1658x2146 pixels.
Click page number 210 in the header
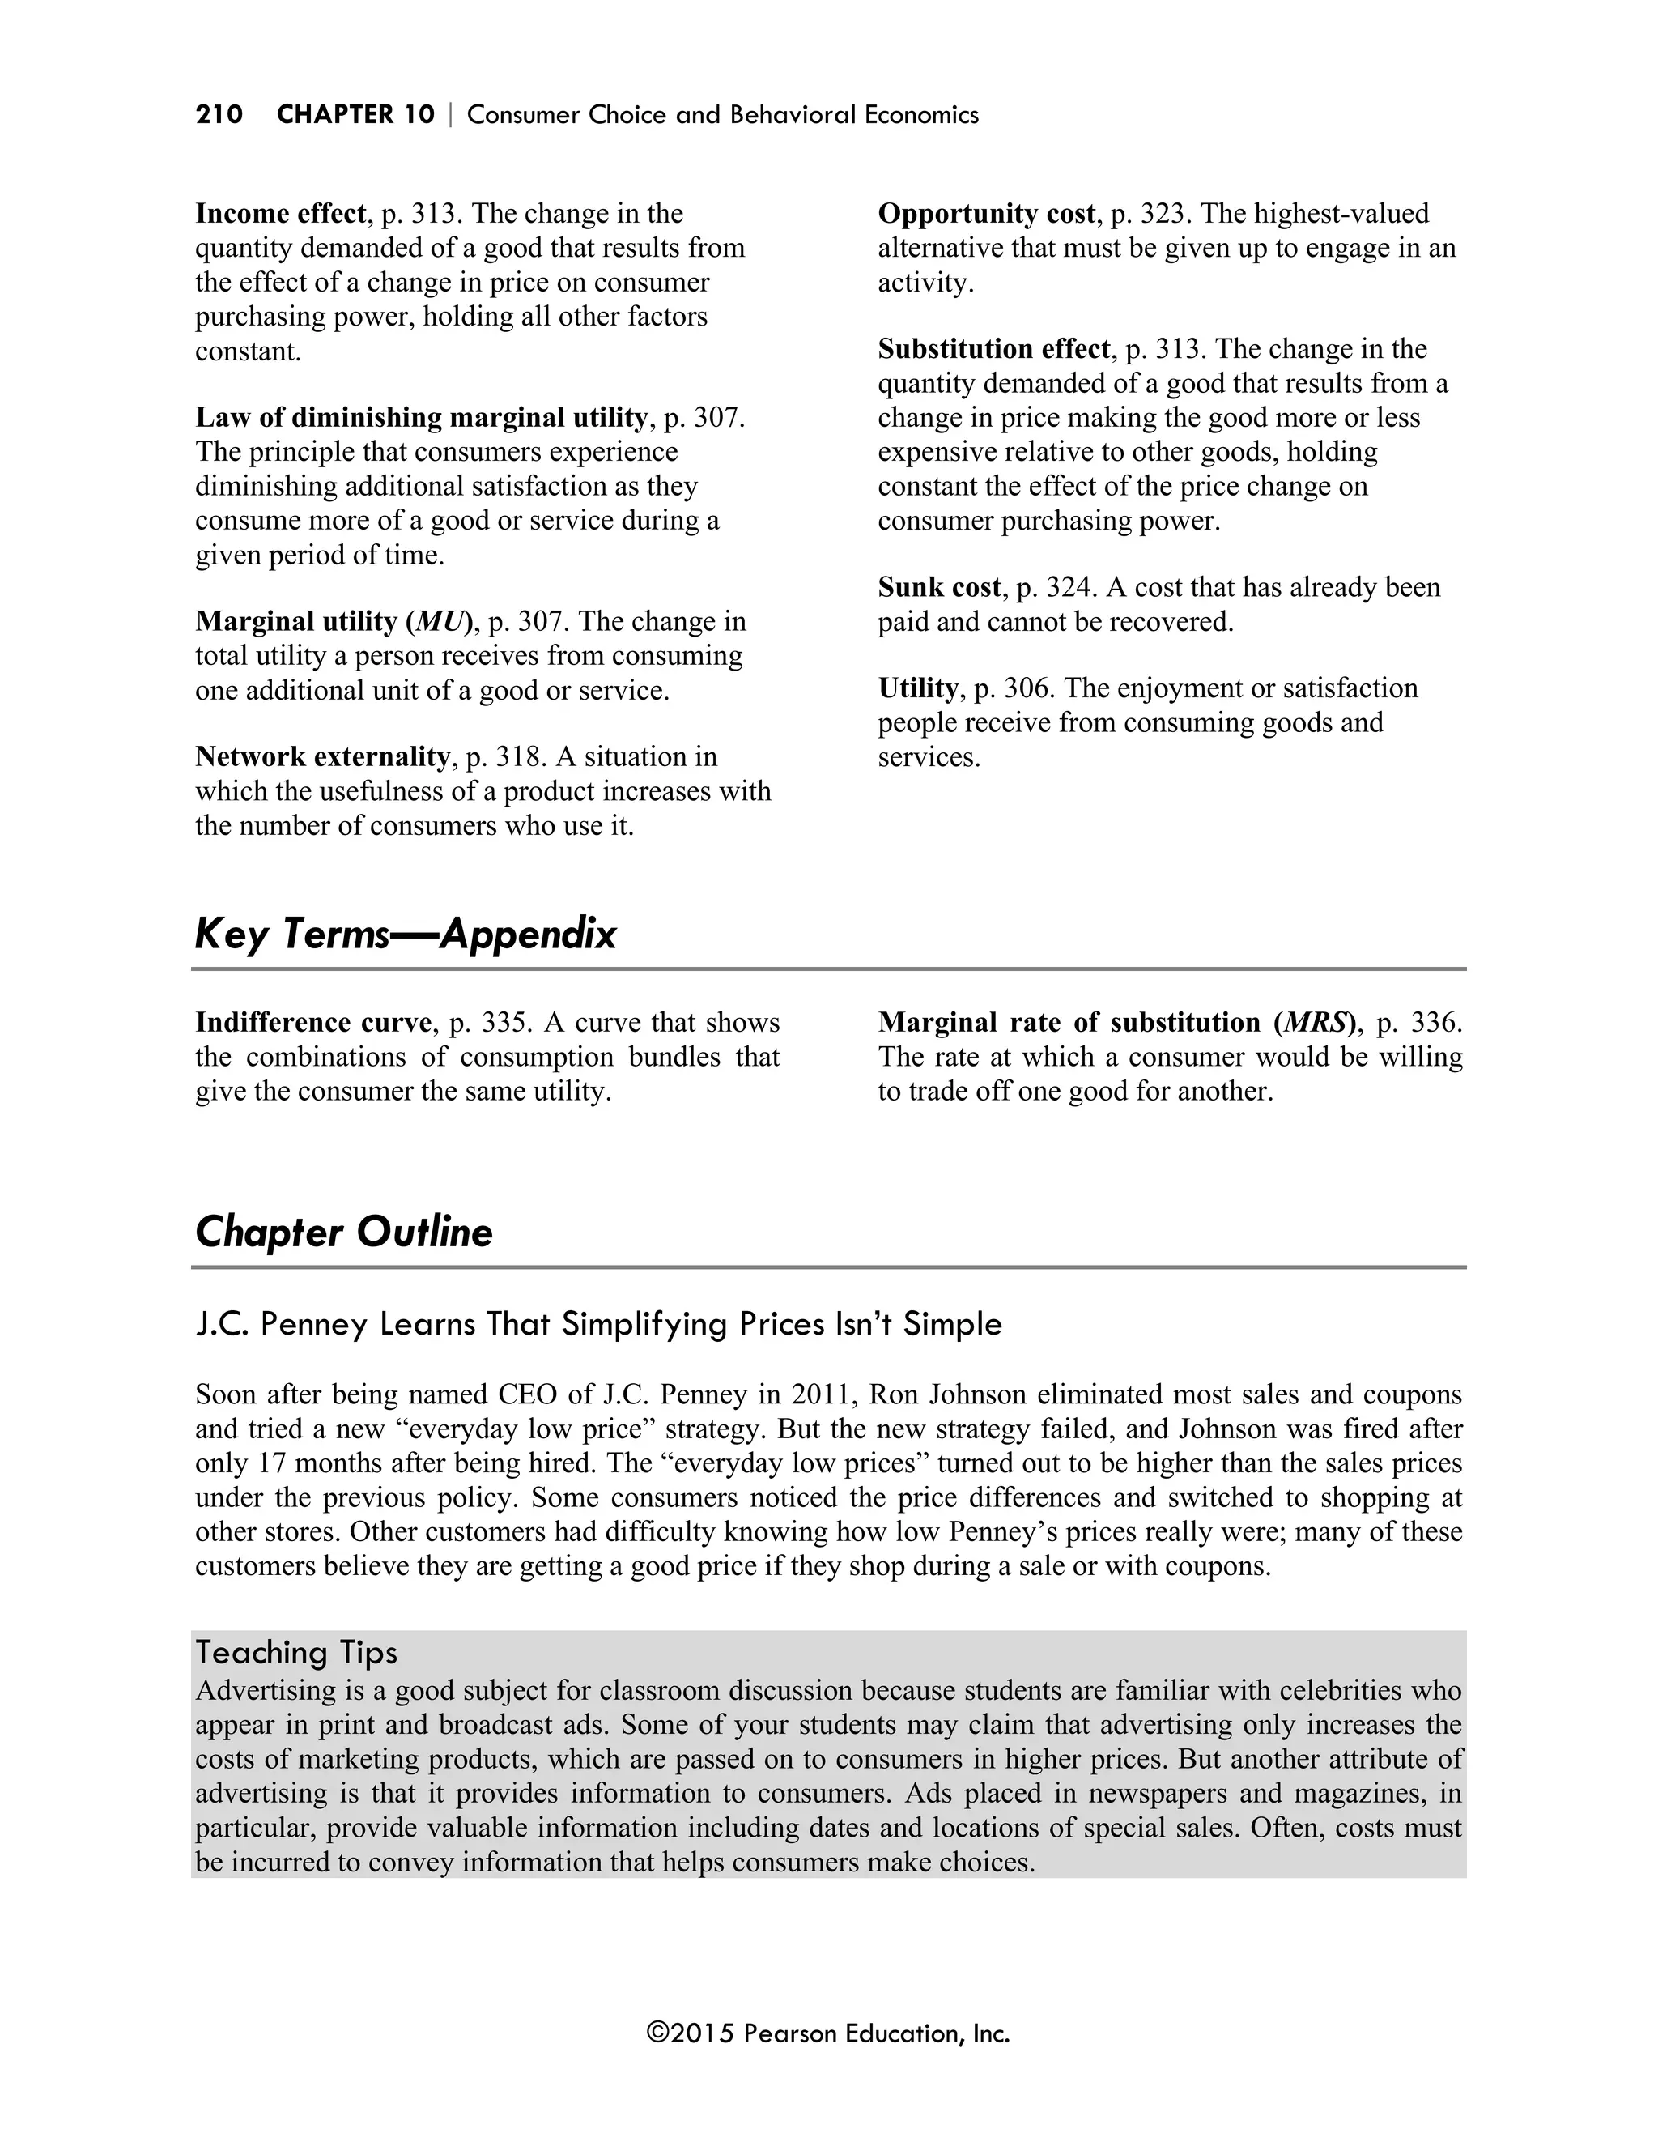219,115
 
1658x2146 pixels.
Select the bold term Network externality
322,756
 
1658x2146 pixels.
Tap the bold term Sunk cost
939,588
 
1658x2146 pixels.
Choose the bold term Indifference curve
313,1023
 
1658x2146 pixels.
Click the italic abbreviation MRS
1317,1023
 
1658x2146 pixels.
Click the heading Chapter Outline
344,1233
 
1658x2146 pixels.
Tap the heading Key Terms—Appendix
405,934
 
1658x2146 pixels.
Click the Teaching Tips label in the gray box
295,1653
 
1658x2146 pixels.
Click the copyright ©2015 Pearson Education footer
828,2033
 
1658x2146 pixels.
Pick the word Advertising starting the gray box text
259,1691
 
